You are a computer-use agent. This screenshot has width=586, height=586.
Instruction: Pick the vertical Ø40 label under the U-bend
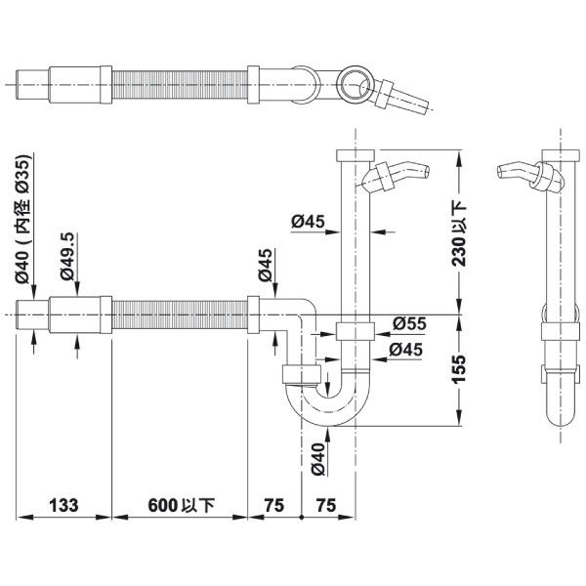point(316,457)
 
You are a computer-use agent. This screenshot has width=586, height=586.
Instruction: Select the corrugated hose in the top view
point(181,85)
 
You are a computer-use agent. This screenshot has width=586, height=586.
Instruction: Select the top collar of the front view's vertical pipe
point(354,156)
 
